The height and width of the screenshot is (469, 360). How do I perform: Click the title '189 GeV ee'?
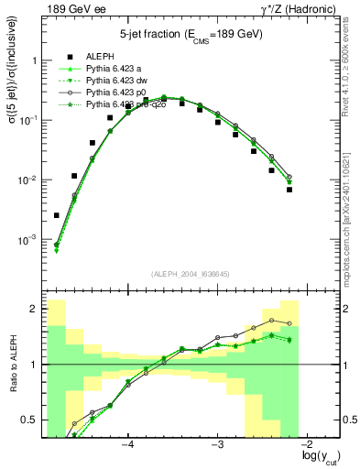[x=70, y=8]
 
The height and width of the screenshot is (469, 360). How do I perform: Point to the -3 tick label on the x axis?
[x=217, y=445]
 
